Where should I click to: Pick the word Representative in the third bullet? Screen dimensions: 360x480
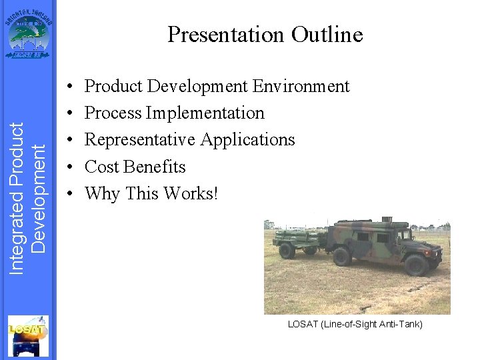point(140,140)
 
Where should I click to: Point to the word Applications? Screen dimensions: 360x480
point(247,140)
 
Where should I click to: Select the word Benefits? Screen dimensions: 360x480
point(155,167)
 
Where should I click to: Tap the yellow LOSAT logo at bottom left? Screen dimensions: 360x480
point(28,336)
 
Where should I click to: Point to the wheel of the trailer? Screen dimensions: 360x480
point(287,251)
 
